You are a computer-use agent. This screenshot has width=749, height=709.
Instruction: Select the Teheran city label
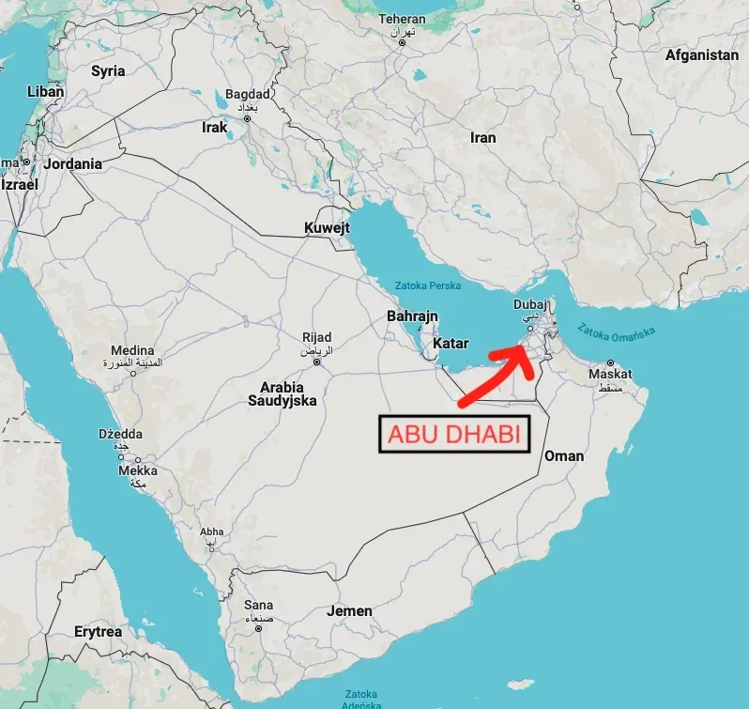pos(402,20)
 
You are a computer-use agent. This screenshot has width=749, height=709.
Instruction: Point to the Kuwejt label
pos(327,228)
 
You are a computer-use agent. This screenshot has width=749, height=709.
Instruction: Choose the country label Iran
pos(482,138)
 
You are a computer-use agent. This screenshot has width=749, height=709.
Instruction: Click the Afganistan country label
pos(701,55)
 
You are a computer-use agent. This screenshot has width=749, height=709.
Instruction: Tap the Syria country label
pos(108,71)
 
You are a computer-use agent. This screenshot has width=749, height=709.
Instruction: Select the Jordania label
pos(72,163)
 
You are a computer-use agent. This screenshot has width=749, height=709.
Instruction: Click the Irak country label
pos(215,127)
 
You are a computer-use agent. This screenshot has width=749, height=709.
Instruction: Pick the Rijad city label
pos(316,338)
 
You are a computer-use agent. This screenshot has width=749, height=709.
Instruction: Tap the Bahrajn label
pos(412,316)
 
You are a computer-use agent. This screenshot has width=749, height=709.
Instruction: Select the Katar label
pos(450,344)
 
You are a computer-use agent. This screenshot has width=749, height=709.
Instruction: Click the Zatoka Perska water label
pos(428,285)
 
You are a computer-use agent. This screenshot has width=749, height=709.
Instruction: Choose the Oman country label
pos(563,456)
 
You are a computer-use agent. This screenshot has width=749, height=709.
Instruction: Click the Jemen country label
pos(349,611)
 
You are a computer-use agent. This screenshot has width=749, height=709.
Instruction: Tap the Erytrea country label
pos(98,632)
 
